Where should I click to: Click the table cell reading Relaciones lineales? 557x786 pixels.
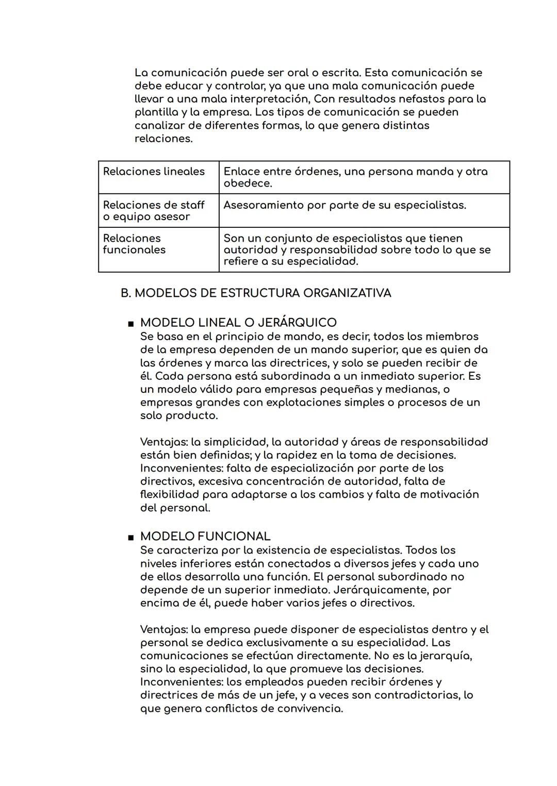(x=154, y=172)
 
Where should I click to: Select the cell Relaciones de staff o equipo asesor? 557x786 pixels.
(x=154, y=211)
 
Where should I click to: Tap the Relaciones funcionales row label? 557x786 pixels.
(x=134, y=244)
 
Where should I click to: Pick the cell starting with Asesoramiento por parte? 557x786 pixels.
(x=345, y=205)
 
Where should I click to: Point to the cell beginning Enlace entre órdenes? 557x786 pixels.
(x=355, y=177)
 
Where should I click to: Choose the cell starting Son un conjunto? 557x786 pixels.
(x=356, y=250)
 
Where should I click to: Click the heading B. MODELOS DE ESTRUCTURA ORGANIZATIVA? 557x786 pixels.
(x=256, y=293)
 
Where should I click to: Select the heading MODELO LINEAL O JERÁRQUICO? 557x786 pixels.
(x=238, y=323)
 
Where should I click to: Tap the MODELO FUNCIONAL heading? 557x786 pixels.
(x=205, y=537)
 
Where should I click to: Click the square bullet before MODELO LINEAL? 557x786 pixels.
(x=130, y=324)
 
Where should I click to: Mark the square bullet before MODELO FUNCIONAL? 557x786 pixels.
(x=130, y=538)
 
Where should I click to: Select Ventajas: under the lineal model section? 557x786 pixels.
(x=163, y=442)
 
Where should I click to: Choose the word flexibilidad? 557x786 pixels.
(x=169, y=495)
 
